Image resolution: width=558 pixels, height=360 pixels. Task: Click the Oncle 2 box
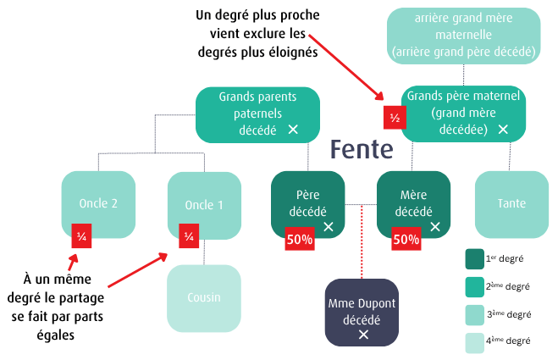pyautogui.click(x=98, y=203)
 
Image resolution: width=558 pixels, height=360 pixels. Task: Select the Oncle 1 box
pyautogui.click(x=204, y=205)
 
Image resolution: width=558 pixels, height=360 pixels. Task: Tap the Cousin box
pyautogui.click(x=203, y=298)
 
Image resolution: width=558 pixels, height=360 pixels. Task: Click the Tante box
pyautogui.click(x=511, y=204)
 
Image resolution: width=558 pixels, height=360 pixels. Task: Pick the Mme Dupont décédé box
pyautogui.click(x=362, y=311)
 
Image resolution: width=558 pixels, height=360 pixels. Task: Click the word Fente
pyautogui.click(x=362, y=150)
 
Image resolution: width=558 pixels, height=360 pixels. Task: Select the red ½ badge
pyautogui.click(x=394, y=119)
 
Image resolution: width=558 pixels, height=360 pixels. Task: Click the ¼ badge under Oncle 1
pyautogui.click(x=188, y=236)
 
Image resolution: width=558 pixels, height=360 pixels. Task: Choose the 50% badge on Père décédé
pyautogui.click(x=299, y=240)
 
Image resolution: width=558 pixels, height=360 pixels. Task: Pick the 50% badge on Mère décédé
pyautogui.click(x=406, y=240)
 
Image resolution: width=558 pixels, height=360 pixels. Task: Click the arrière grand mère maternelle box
pyautogui.click(x=463, y=34)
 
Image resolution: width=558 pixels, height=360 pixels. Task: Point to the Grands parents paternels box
pyautogui.click(x=257, y=113)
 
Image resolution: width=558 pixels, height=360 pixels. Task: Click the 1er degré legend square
pyautogui.click(x=475, y=258)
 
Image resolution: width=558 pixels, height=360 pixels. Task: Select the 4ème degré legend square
pyautogui.click(x=475, y=342)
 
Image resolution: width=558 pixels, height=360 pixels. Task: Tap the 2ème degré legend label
pyautogui.click(x=511, y=286)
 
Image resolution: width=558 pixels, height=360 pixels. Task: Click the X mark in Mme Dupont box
pyautogui.click(x=363, y=335)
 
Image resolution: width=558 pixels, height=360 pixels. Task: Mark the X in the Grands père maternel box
pyautogui.click(x=503, y=130)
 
